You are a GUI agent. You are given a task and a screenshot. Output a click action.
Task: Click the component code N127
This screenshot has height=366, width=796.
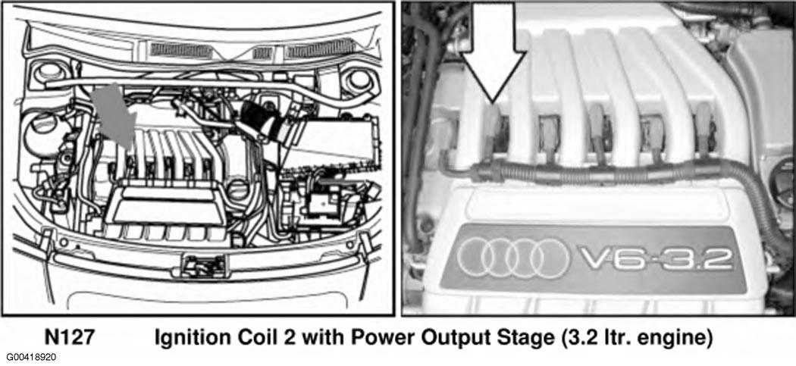pyautogui.click(x=70, y=338)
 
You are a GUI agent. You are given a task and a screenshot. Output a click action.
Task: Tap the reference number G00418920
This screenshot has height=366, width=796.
pyautogui.click(x=32, y=358)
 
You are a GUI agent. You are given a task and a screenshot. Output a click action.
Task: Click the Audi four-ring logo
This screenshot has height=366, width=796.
pyautogui.click(x=513, y=258)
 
